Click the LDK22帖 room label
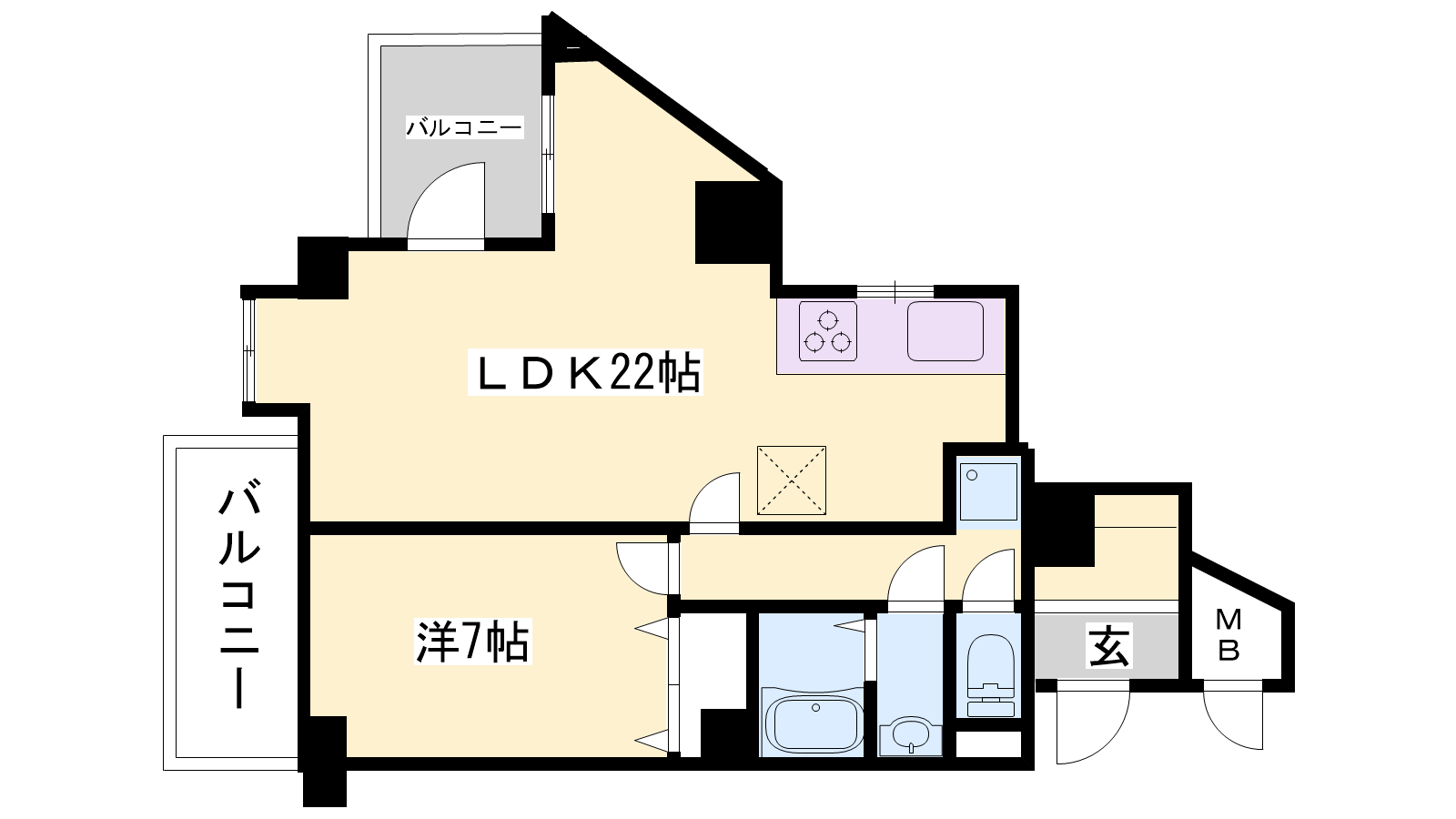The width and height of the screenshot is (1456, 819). pos(585,372)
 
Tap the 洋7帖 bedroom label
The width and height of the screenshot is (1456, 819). pos(473,642)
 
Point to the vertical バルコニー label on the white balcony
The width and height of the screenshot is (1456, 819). pos(239,593)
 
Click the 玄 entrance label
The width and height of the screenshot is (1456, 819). pos(1109,645)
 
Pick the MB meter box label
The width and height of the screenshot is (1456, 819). pos(1228,635)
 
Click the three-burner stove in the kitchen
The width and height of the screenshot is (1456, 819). pos(827,331)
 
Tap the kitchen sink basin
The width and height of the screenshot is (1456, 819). pos(945,331)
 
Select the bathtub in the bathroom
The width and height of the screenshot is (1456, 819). pos(815,723)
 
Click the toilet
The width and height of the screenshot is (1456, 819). pos(991,674)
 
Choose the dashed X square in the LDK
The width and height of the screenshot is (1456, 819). pos(792,480)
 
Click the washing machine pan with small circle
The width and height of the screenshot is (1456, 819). pos(988,491)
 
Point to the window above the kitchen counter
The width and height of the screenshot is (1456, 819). pos(895,291)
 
